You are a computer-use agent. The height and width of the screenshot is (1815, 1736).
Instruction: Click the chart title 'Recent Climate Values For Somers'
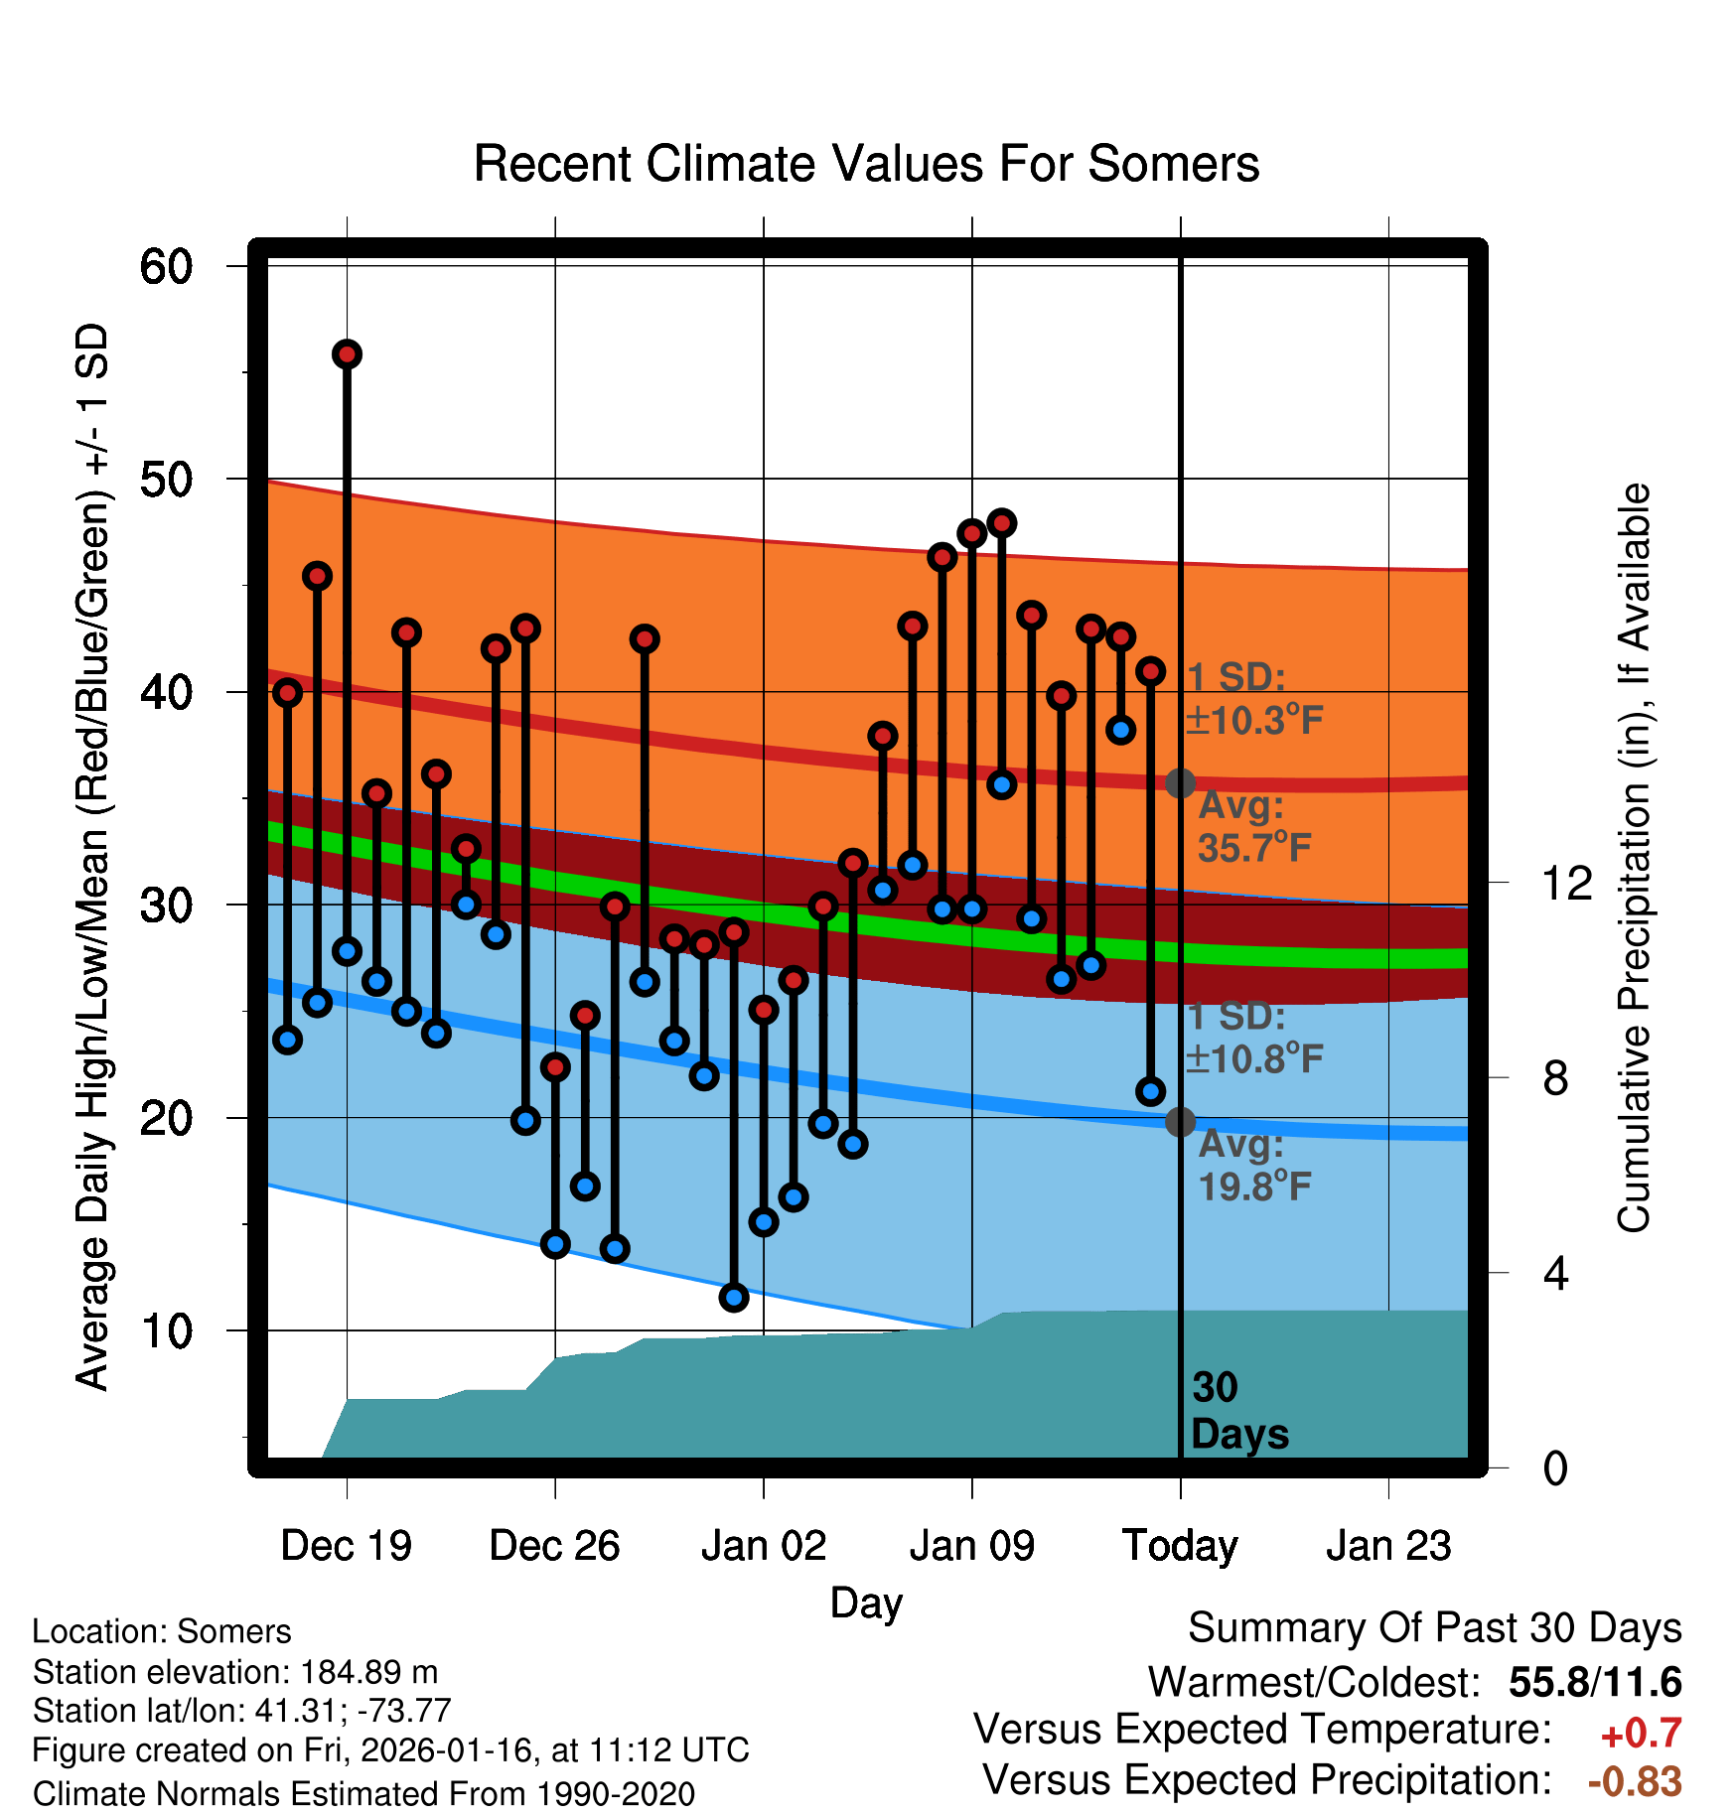pos(866,164)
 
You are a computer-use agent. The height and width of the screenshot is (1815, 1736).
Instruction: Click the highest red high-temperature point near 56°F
pos(347,354)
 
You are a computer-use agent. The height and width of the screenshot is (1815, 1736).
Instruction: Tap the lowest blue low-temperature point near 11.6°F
pos(734,1297)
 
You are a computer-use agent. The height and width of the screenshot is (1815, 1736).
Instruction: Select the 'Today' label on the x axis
pos(1180,1546)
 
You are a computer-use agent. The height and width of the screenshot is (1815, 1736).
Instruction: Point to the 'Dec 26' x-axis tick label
pos(554,1546)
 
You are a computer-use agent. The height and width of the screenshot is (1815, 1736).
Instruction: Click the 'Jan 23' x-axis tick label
pos(1388,1546)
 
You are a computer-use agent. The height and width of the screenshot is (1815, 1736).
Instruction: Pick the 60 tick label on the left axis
pos(166,266)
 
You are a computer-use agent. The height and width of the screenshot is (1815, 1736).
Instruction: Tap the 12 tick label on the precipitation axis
pos(1566,883)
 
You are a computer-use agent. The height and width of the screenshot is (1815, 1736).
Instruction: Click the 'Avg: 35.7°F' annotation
pos(1253,826)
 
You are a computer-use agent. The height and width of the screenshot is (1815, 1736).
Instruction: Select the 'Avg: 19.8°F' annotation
pos(1253,1165)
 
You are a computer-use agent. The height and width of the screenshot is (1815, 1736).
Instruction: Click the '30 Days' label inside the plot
pos(1238,1411)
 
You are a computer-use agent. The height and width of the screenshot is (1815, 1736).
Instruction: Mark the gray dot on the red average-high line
pos(1180,783)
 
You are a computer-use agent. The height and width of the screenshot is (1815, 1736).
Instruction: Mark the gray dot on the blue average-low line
pos(1180,1122)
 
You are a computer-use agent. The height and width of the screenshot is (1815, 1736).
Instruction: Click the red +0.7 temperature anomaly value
pos(1641,1734)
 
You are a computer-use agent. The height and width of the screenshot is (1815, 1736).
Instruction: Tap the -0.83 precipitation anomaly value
pos(1635,1782)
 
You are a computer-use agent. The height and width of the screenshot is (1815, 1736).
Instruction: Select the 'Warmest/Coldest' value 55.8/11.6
pos(1595,1682)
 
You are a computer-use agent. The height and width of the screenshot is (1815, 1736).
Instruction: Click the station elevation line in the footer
pos(235,1672)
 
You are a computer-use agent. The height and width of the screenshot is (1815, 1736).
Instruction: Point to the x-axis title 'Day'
pos(866,1603)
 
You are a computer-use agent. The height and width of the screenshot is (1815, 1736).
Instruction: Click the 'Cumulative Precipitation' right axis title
pos(1634,858)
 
